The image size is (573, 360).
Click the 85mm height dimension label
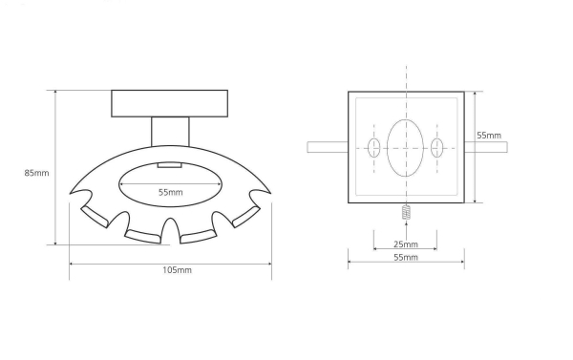[36, 173]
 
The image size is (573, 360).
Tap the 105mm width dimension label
[177, 270]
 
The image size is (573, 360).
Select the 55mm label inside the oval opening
[171, 192]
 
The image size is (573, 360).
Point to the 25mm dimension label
[406, 244]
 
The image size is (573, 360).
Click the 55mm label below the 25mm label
[406, 257]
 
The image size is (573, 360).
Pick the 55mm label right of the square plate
[489, 136]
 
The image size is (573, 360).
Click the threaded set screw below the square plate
[406, 212]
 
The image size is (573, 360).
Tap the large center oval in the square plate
[405, 148]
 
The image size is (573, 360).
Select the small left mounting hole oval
[373, 148]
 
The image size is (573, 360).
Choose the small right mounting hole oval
[436, 148]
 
